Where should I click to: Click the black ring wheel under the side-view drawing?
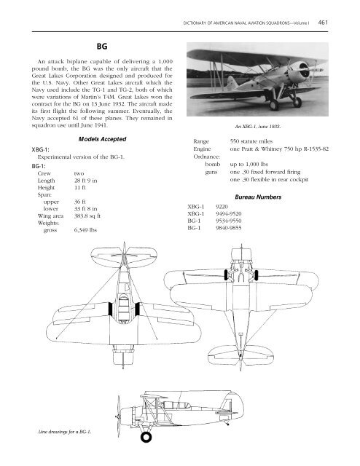146,438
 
